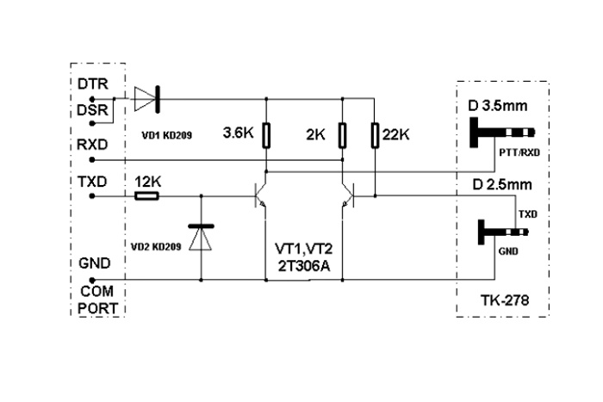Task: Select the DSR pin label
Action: coord(93,112)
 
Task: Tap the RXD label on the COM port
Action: coord(93,145)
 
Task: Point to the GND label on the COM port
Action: coord(93,265)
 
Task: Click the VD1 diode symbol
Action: coord(147,100)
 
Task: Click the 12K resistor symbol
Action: coord(146,197)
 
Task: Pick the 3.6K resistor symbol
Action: coord(268,135)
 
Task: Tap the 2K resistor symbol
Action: coord(343,135)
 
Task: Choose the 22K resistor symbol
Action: coord(375,135)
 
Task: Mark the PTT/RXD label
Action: coord(519,153)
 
